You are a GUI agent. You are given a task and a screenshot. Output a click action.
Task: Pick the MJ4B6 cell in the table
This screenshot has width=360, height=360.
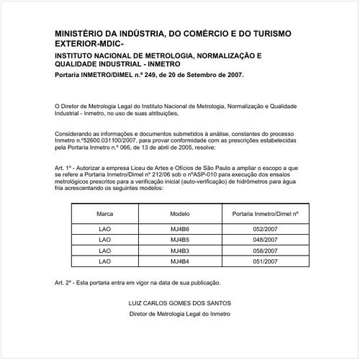(x=179, y=230)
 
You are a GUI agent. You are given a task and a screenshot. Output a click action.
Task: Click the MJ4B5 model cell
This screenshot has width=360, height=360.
(x=179, y=240)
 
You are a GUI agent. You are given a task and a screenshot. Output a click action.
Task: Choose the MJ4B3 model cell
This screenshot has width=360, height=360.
(x=179, y=250)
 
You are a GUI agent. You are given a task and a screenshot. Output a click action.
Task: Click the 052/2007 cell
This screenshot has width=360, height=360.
(x=265, y=230)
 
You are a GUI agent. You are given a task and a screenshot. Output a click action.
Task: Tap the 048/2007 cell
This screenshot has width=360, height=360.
(x=265, y=240)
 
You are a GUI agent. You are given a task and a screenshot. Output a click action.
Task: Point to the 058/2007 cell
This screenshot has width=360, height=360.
(x=265, y=250)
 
